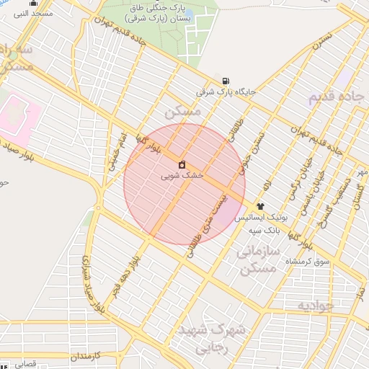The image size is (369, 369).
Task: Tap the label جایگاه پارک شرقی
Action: (x=225, y=93)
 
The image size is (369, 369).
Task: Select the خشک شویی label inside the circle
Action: (x=182, y=175)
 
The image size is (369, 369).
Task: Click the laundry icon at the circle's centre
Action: (x=181, y=164)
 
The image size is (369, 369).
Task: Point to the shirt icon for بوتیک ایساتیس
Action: (x=260, y=206)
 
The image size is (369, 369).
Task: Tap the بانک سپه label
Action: (x=264, y=230)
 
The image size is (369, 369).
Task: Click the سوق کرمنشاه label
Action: (x=308, y=260)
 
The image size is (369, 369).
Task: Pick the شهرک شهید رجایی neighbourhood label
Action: (x=221, y=338)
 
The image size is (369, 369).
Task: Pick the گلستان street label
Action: (x=356, y=195)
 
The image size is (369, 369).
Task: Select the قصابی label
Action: (x=25, y=364)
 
